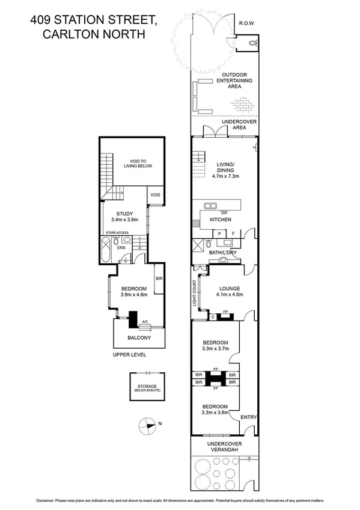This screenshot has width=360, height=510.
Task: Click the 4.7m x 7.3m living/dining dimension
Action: coord(225,176)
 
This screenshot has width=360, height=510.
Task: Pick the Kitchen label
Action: coord(221,220)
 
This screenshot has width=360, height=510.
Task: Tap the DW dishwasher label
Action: coord(224,212)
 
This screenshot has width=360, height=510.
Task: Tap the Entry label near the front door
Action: coord(248,416)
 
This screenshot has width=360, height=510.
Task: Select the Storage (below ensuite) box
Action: coord(145,389)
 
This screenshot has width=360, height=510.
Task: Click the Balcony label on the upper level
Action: coord(138,338)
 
